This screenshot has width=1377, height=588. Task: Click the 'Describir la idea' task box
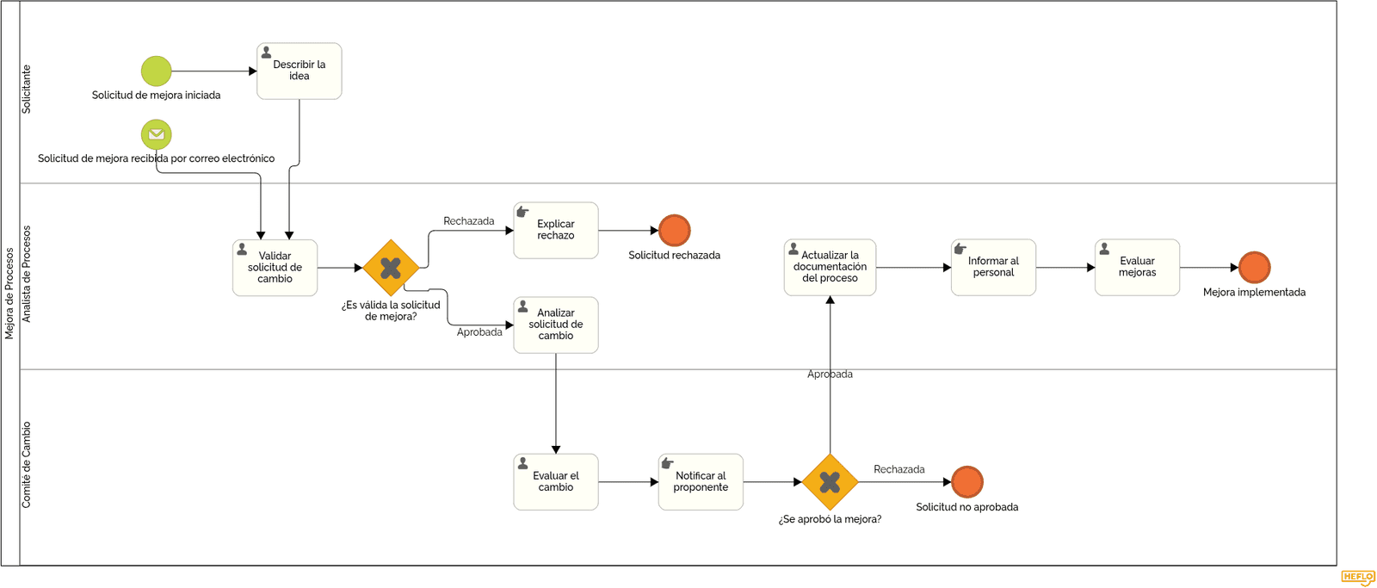click(x=299, y=71)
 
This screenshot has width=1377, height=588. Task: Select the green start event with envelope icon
click(x=156, y=134)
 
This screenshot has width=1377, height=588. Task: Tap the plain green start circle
click(x=156, y=71)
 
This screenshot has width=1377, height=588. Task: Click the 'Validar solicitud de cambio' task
click(x=275, y=268)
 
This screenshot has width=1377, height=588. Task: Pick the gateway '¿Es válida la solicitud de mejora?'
click(x=391, y=268)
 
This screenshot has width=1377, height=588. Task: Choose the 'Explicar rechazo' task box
click(x=556, y=230)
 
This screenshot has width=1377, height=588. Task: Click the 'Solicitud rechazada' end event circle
click(x=675, y=230)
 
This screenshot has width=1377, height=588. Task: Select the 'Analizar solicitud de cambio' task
click(x=556, y=325)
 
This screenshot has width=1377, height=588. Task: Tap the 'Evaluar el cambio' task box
click(x=556, y=481)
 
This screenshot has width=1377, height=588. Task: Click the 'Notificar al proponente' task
click(x=701, y=481)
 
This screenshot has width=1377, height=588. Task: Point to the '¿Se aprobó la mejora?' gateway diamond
click(x=830, y=481)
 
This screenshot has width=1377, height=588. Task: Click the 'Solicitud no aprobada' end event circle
click(x=967, y=481)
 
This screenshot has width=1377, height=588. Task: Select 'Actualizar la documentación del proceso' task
click(x=830, y=267)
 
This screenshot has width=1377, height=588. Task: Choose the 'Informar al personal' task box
click(x=993, y=267)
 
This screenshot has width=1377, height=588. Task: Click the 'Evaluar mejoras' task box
click(x=1137, y=267)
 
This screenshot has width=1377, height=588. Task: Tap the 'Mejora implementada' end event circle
click(x=1254, y=267)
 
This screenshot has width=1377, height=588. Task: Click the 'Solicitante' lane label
click(x=27, y=90)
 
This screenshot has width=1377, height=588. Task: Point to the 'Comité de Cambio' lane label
click(x=27, y=464)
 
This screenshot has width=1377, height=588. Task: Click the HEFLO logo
click(x=1357, y=577)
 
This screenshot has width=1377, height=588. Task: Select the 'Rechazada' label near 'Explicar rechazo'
click(x=468, y=220)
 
